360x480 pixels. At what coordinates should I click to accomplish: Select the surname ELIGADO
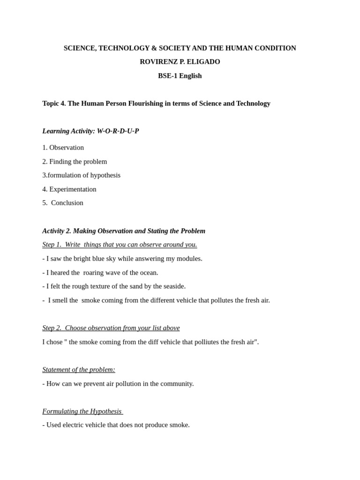pos(203,62)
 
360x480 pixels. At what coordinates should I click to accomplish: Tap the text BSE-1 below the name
pos(168,76)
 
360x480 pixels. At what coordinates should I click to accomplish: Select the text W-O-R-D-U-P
pos(118,131)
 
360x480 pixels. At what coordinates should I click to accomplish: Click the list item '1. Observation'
pos(63,148)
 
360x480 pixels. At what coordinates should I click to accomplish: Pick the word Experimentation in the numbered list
pos(73,189)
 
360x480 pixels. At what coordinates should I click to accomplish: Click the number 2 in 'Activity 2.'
pos(68,231)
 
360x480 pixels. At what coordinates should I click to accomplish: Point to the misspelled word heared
pos(60,273)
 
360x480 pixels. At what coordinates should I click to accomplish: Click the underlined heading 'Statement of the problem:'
pos(79,370)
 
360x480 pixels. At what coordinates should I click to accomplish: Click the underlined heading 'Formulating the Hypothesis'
pos(82,412)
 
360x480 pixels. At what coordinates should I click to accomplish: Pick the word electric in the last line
pos(75,425)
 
